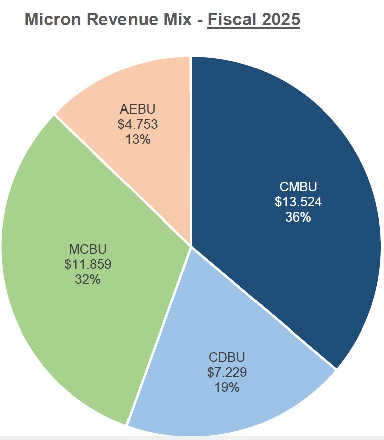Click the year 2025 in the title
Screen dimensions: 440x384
pyautogui.click(x=281, y=20)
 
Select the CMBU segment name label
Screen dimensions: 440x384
pyautogui.click(x=298, y=187)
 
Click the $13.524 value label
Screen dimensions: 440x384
pyautogui.click(x=298, y=202)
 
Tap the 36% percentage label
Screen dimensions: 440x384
pyautogui.click(x=298, y=217)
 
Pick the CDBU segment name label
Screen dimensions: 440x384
pyautogui.click(x=227, y=358)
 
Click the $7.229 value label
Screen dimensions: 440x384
pyautogui.click(x=227, y=372)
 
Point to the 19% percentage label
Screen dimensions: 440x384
pyautogui.click(x=227, y=387)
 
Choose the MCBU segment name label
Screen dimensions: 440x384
pyautogui.click(x=88, y=249)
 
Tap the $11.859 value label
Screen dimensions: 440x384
pyautogui.click(x=88, y=264)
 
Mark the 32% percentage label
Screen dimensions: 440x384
pyautogui.click(x=88, y=279)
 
